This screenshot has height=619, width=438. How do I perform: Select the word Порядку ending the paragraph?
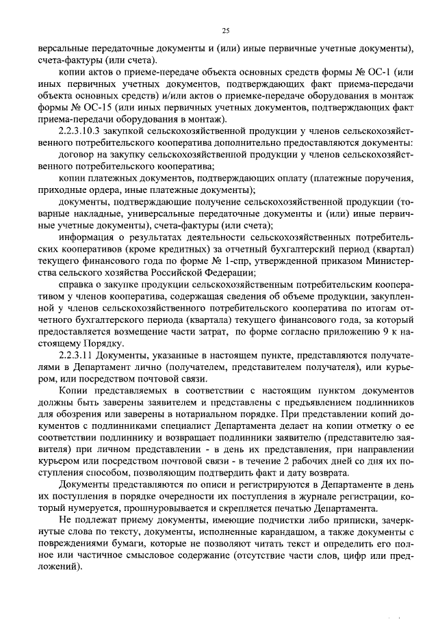tap(103, 342)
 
